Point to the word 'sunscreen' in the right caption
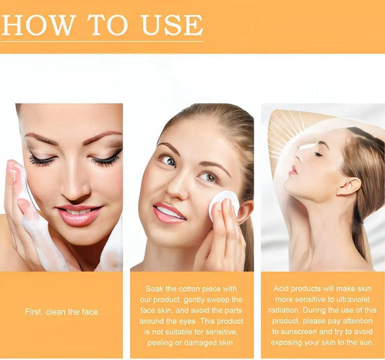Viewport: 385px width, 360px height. (x=294, y=331)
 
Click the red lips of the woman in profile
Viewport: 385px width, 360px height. (x=293, y=170)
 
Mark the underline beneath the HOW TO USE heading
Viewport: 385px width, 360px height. (x=102, y=40)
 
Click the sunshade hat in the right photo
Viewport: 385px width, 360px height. (x=289, y=130)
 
